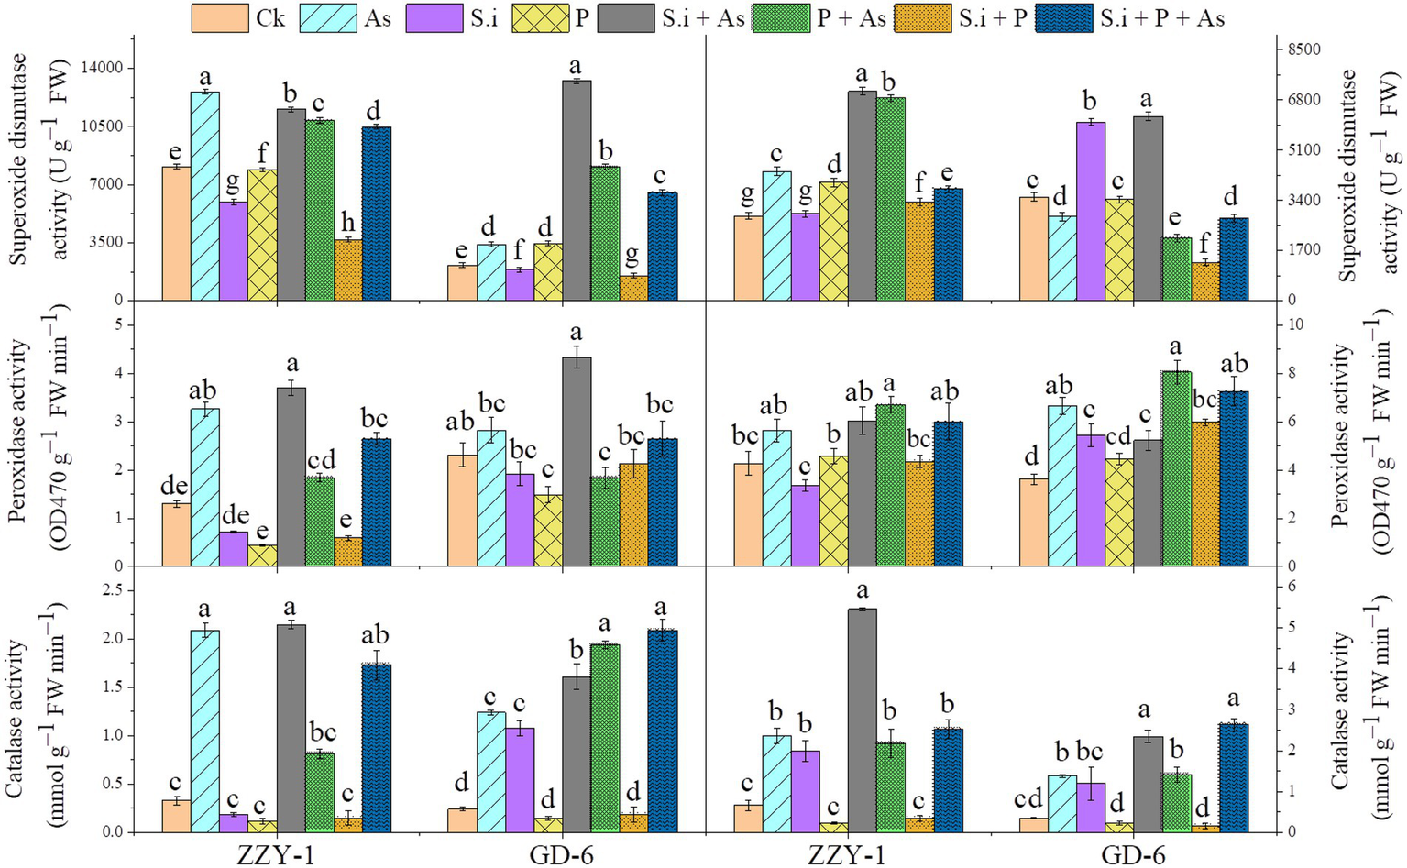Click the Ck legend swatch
220,18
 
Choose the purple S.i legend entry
434,18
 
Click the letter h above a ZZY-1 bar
348,224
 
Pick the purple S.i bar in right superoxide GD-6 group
1091,211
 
